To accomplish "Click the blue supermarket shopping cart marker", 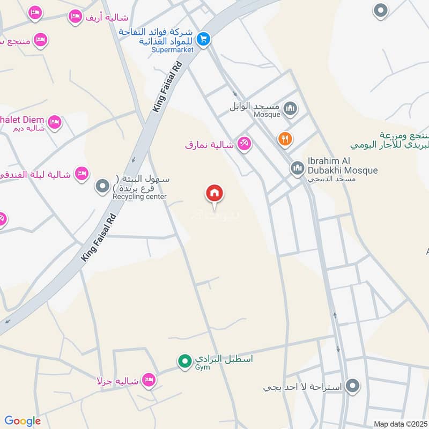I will (203, 39).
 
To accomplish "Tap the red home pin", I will (215, 193).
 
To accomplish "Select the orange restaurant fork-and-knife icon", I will (285, 139).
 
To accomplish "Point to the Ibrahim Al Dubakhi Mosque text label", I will (343, 166).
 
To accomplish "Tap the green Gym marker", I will (185, 362).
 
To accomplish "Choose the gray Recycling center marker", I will (102, 187).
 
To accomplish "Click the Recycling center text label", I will (139, 197).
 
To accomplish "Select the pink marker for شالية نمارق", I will (245, 144).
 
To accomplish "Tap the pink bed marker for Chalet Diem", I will (54, 123).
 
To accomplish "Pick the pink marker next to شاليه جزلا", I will (149, 380).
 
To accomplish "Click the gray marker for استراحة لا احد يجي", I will (352, 385).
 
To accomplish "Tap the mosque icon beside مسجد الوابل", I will (291, 110).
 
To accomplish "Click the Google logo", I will (23, 421).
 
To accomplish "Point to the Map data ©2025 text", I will (400, 424).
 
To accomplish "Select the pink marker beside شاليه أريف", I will (75, 17).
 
